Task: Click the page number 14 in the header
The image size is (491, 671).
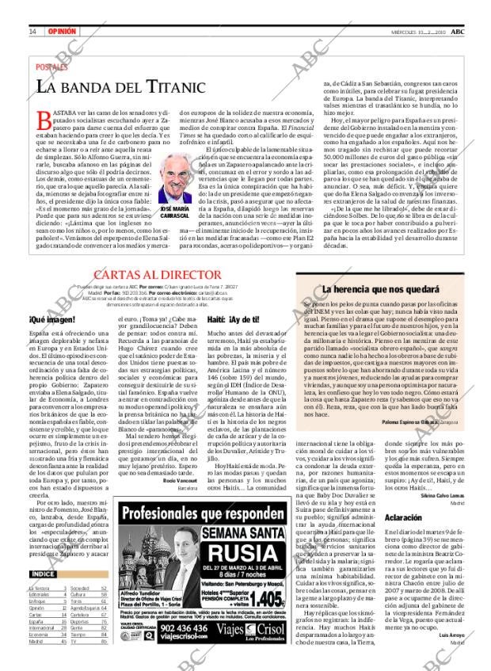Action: [x=32, y=31]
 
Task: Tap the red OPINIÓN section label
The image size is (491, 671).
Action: [x=62, y=31]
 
